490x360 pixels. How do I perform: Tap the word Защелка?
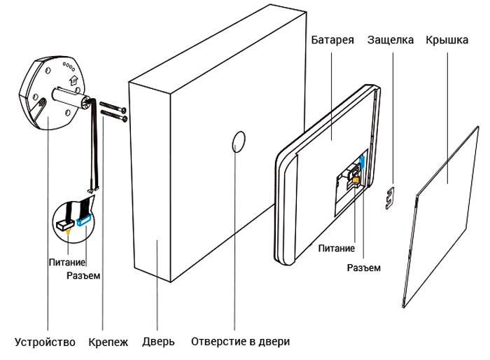(391, 40)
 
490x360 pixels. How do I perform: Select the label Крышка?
(447, 40)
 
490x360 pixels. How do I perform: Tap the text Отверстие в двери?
(240, 342)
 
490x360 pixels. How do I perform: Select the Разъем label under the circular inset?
(83, 276)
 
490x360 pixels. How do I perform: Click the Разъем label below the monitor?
(364, 268)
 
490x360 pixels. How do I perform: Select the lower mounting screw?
(113, 117)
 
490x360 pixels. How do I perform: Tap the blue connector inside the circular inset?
(84, 218)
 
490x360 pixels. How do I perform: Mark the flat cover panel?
(444, 210)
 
